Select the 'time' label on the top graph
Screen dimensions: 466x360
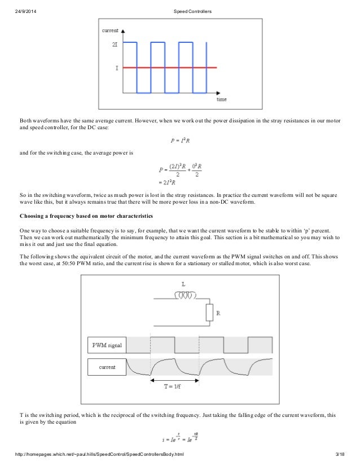(x=222, y=99)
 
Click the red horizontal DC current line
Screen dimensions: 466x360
(x=169, y=67)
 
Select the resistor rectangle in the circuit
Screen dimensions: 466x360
(x=209, y=312)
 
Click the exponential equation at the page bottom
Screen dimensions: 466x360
(x=180, y=438)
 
